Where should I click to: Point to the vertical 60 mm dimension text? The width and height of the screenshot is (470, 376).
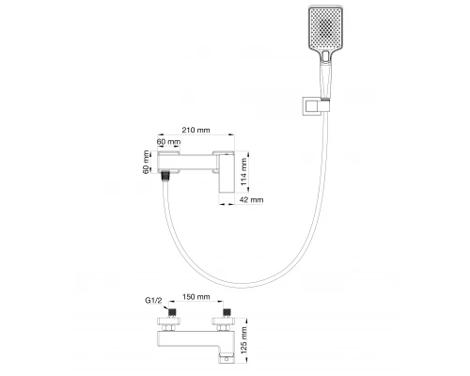click(148, 164)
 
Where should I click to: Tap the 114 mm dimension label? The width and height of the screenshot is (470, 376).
click(245, 171)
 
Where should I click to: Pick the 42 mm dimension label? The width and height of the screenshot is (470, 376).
click(251, 199)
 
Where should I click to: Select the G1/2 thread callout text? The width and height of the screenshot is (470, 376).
click(155, 301)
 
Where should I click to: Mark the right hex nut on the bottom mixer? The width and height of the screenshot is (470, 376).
click(225, 323)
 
